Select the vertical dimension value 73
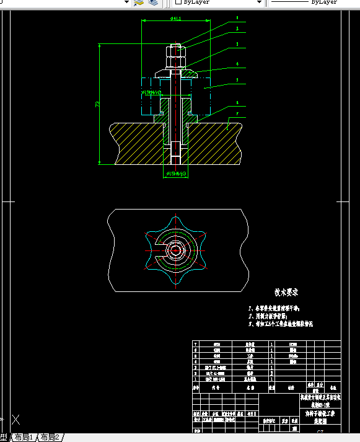pyautogui.click(x=97, y=104)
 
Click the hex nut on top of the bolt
pyautogui.click(x=175, y=57)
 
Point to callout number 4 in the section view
pyautogui.click(x=237, y=64)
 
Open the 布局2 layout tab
pyautogui.click(x=50, y=437)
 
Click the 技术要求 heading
pyautogui.click(x=287, y=292)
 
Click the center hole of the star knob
pyautogui.click(x=175, y=250)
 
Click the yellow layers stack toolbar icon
pyautogui.click(x=139, y=2)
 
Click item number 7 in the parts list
pyautogui.click(x=196, y=343)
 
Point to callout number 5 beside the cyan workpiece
pyautogui.click(x=237, y=80)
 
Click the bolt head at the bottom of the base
pyautogui.click(x=175, y=151)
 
